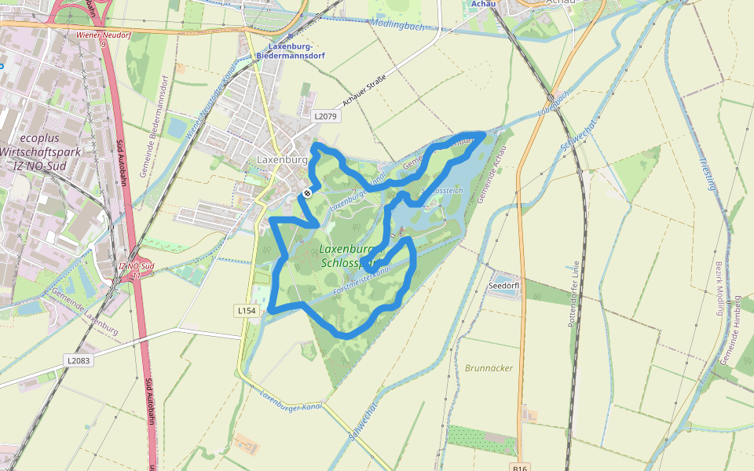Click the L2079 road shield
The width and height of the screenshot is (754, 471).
[x=324, y=116]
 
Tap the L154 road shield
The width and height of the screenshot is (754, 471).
[x=247, y=311]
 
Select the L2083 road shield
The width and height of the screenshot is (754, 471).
[x=78, y=360]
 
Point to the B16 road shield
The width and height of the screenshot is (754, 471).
[x=522, y=467]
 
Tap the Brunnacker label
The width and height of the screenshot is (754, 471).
[x=489, y=367]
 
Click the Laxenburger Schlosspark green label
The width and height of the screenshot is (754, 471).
[x=350, y=256]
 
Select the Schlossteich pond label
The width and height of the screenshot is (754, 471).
[x=445, y=191]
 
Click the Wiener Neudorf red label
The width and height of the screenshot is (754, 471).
[x=103, y=35]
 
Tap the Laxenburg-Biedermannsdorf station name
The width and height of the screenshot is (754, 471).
[x=291, y=52]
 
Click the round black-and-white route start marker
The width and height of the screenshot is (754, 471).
[x=308, y=192]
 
